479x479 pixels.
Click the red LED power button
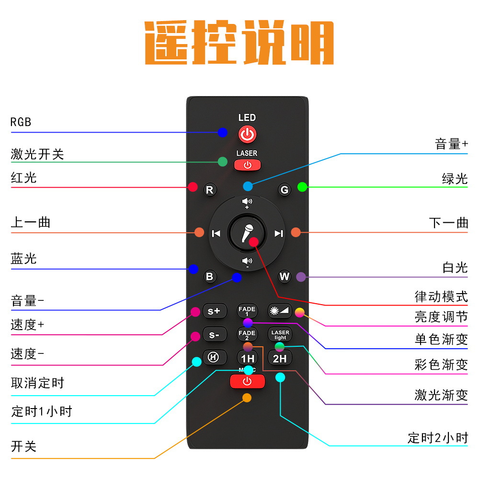click(x=247, y=134)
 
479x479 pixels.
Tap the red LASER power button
click(x=247, y=165)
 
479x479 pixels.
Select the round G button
click(x=285, y=190)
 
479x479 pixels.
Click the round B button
click(x=209, y=276)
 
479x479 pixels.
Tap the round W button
click(x=285, y=276)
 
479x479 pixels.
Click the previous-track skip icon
click(x=216, y=233)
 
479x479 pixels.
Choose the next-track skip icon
click(x=278, y=233)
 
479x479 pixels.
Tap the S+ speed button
click(x=214, y=311)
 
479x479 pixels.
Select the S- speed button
click(x=214, y=335)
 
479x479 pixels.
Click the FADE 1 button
click(x=247, y=310)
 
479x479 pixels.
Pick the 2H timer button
click(x=280, y=358)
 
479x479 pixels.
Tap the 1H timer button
click(x=248, y=358)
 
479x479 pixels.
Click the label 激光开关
click(x=37, y=154)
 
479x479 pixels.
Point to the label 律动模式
click(x=441, y=297)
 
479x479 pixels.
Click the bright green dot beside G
click(x=302, y=187)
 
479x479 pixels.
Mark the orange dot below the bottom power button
click(x=247, y=397)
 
